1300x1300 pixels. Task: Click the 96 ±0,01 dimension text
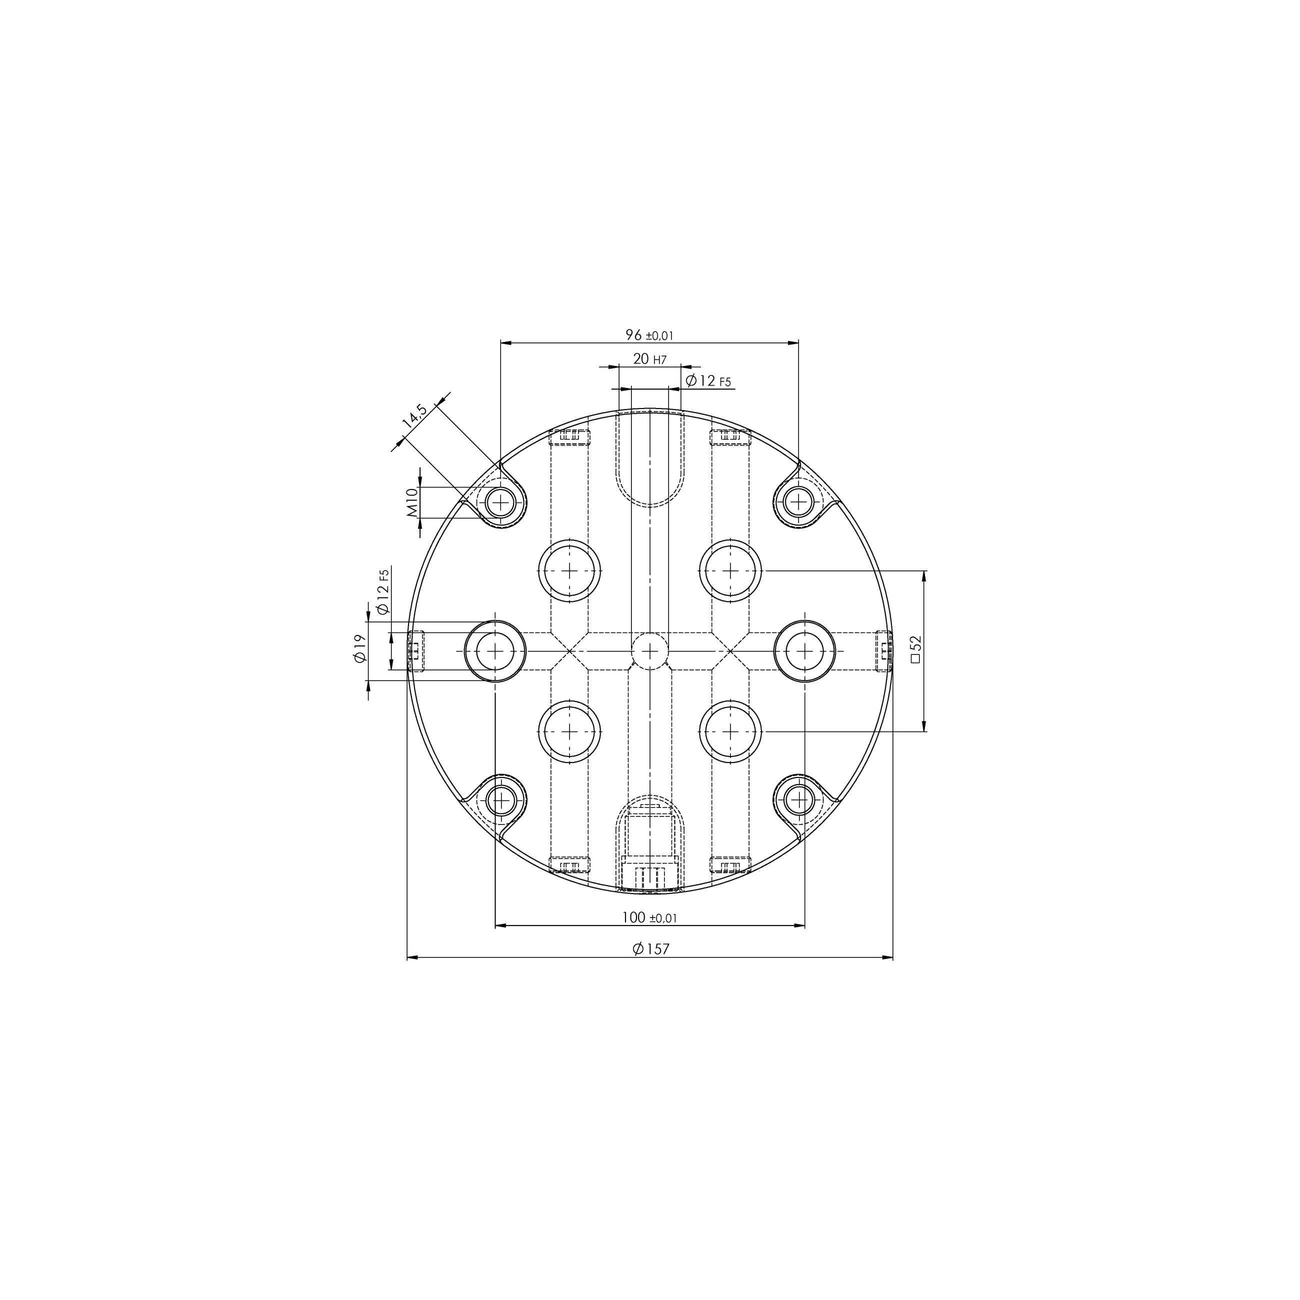(649, 335)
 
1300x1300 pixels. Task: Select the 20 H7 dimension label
(649, 359)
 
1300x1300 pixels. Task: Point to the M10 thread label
(412, 502)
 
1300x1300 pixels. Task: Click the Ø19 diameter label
(360, 648)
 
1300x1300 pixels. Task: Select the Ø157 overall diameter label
(650, 949)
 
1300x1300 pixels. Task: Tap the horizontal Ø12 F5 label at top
(708, 381)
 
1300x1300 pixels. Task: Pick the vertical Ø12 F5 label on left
(383, 591)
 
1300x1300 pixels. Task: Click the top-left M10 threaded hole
(500, 502)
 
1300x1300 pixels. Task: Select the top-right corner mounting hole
(798, 502)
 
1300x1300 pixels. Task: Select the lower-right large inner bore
(730, 731)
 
